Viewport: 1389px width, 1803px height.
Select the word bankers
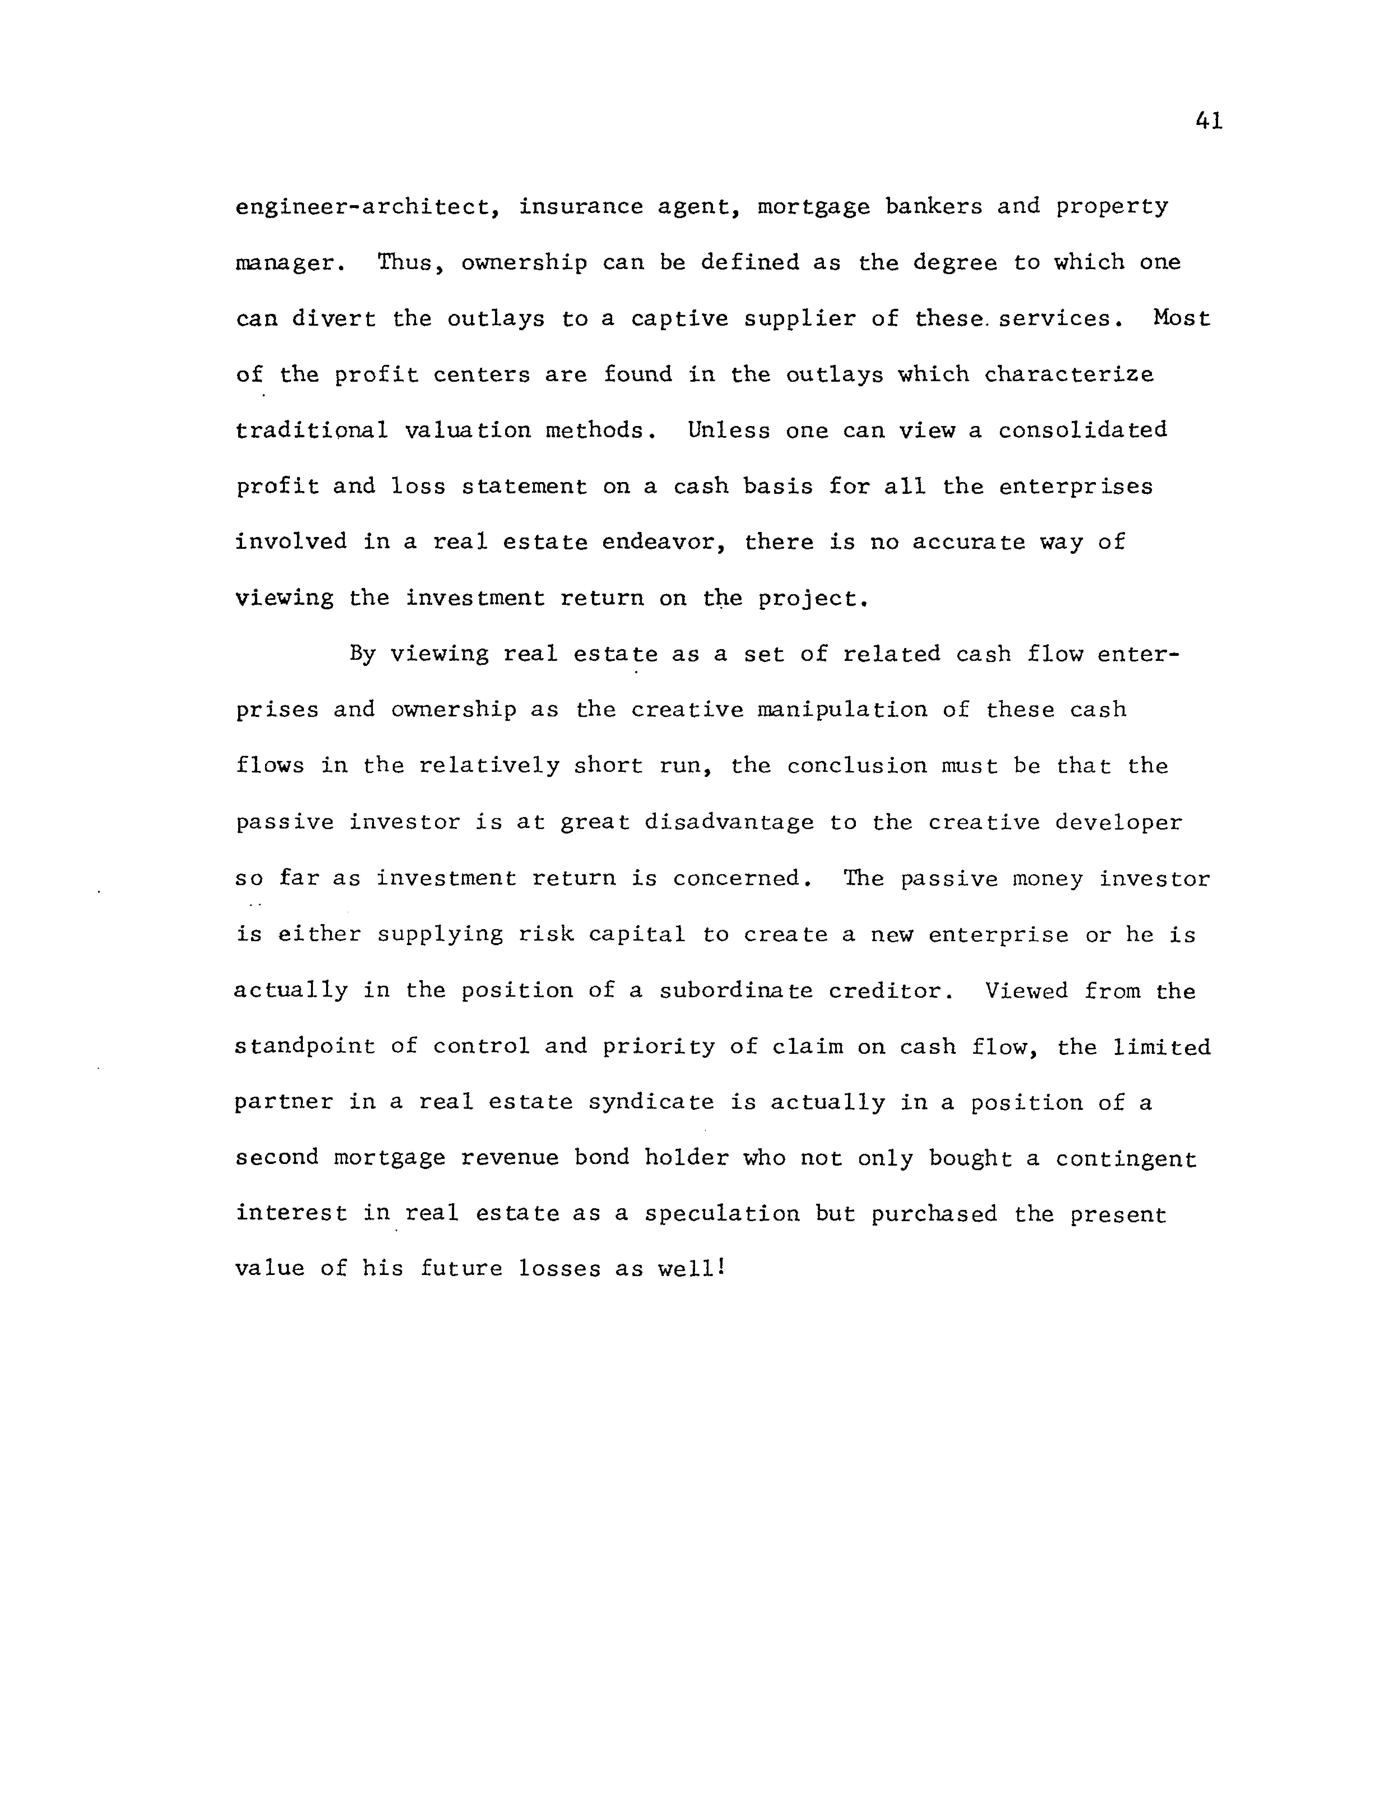(933, 206)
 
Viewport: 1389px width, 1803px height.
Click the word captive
(679, 319)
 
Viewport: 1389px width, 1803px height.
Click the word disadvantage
(729, 822)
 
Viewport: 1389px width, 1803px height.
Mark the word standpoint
(305, 1047)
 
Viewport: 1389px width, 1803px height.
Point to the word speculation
(722, 1214)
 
